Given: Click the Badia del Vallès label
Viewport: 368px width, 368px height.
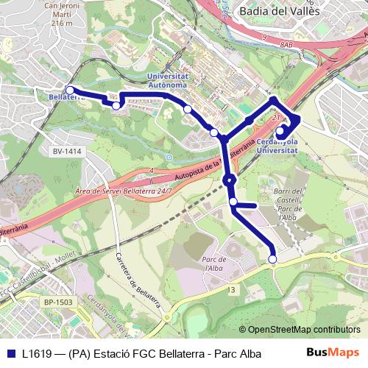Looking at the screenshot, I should point(279,11).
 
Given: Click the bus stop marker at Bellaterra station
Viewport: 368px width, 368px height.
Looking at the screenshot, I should point(69,91).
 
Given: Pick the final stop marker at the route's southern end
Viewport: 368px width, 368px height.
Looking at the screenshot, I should point(273,258).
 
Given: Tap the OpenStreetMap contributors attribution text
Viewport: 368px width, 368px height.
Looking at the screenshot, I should point(300,330).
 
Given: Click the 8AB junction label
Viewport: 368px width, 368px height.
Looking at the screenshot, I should point(286,46).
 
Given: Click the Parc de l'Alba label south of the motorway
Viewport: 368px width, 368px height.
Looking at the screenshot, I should point(211,264).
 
